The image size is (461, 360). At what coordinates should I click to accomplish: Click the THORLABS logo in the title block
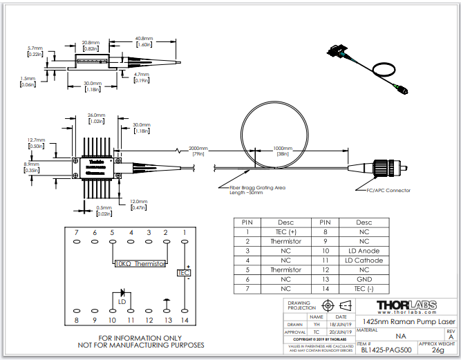[406, 305]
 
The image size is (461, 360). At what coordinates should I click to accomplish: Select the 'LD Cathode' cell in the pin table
[364, 260]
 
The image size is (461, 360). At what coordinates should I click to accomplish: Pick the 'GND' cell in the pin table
[364, 278]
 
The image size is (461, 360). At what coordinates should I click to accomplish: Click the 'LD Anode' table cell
[364, 251]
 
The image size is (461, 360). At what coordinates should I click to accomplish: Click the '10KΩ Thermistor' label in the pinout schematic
[140, 263]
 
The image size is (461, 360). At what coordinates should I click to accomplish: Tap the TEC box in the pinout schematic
[184, 273]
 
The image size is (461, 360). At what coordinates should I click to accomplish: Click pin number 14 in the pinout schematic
[185, 320]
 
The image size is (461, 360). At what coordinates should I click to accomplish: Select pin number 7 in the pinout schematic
[77, 232]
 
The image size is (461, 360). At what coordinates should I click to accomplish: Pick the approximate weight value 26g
[438, 350]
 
